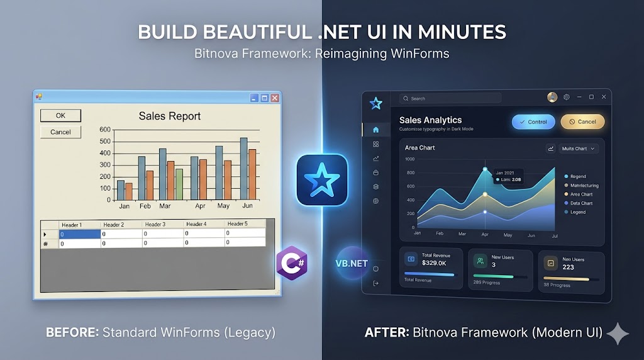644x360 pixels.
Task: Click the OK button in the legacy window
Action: [x=60, y=116]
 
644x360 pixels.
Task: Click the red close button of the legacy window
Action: [x=274, y=98]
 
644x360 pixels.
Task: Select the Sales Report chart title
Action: [x=170, y=116]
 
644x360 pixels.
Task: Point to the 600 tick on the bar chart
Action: [x=104, y=130]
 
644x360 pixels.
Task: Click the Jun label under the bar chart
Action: [x=247, y=206]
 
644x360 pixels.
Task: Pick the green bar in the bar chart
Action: [x=179, y=184]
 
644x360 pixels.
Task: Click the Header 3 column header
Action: [x=155, y=224]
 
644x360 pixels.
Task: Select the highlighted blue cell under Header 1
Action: [x=80, y=234]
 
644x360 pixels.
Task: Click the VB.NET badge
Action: [x=352, y=263]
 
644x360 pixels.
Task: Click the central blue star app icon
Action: [x=322, y=180]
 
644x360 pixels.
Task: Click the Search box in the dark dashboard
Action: [x=450, y=98]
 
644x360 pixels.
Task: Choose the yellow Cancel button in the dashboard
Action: [x=582, y=121]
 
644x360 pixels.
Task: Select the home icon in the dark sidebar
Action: [x=376, y=130]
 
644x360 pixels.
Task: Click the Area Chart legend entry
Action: [x=581, y=194]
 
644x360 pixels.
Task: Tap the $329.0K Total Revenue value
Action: [x=434, y=262]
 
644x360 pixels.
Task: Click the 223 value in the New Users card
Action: [x=568, y=267]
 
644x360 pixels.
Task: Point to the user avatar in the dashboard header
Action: [x=552, y=97]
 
